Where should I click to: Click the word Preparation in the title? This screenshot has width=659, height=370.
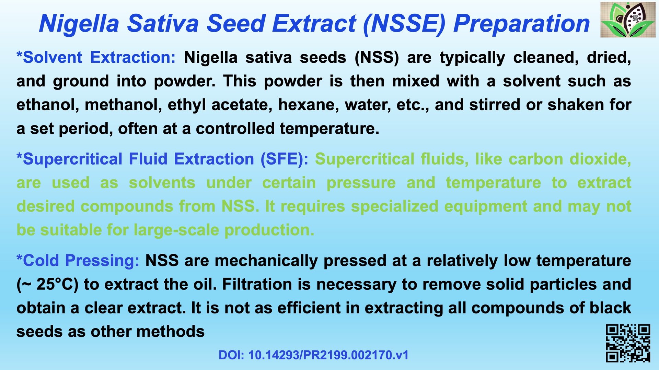(x=521, y=24)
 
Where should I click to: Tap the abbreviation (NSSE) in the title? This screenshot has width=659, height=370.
(x=404, y=24)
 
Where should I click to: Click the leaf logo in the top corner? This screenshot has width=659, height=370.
(x=628, y=20)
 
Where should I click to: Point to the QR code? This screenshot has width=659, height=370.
(x=628, y=343)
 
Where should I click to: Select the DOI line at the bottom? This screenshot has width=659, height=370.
(x=313, y=355)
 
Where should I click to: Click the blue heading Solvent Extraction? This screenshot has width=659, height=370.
(x=96, y=57)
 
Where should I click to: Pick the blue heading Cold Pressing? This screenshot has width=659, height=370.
(x=78, y=260)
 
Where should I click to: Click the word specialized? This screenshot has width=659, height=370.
(x=395, y=206)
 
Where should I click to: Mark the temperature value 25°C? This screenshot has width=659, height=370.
(x=57, y=284)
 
